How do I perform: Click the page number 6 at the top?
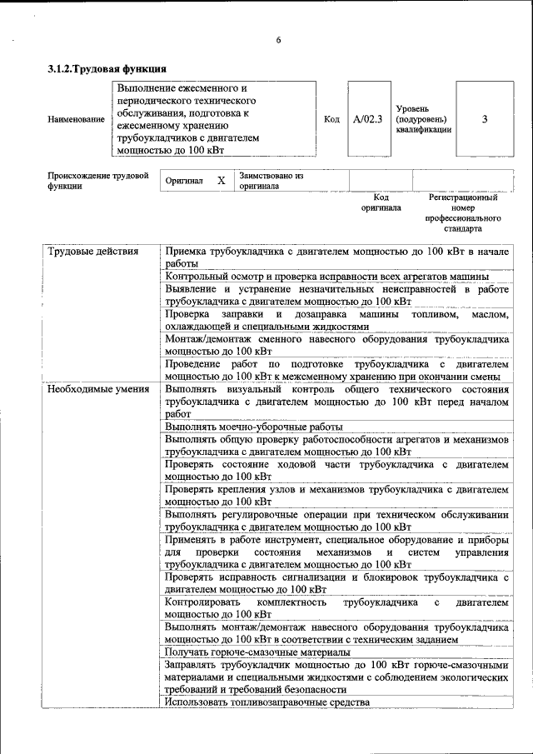click(279, 41)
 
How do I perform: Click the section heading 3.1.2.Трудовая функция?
click(107, 69)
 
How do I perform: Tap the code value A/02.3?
click(367, 119)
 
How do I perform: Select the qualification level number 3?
click(485, 119)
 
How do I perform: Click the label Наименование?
click(77, 120)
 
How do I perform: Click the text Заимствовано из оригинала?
click(271, 181)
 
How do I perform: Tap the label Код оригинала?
click(381, 202)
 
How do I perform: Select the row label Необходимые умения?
click(98, 389)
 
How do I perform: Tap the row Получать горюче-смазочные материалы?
click(257, 652)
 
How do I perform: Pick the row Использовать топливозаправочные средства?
click(266, 702)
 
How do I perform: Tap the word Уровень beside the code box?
click(412, 107)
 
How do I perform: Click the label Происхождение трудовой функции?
click(97, 181)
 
